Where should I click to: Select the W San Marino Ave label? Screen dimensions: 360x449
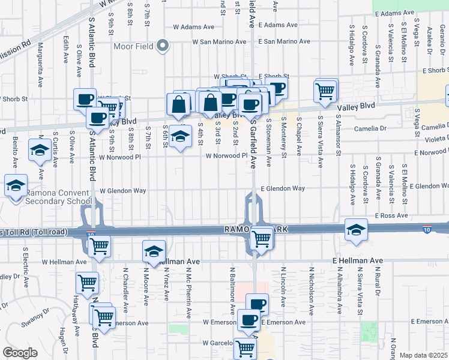[219, 42]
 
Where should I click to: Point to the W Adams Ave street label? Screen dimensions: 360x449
[193, 27]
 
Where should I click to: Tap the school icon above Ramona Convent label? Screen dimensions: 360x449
[16, 185]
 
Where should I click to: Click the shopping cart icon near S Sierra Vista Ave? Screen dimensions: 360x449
[325, 91]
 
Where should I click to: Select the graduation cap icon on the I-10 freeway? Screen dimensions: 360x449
[355, 230]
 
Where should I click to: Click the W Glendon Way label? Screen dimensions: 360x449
[123, 191]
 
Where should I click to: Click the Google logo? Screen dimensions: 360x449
[20, 353]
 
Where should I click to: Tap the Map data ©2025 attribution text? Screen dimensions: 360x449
[423, 355]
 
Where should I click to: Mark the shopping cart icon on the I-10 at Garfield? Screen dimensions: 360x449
[262, 238]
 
